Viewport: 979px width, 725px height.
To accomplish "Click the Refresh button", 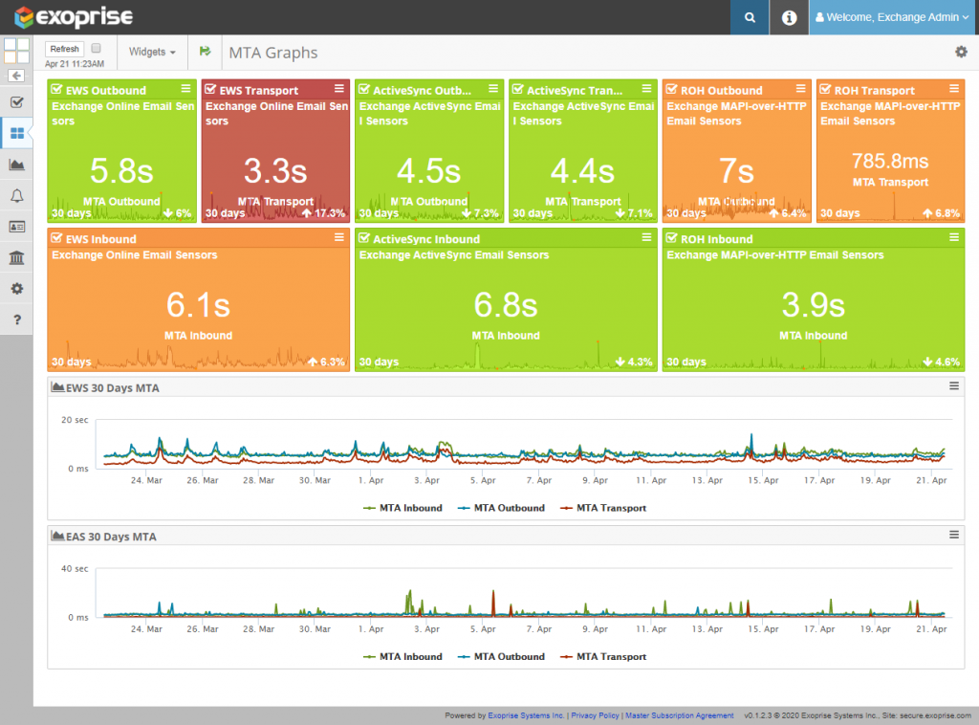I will (x=65, y=49).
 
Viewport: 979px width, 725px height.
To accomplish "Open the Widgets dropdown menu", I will (x=152, y=53).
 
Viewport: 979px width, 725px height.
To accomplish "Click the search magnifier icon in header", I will (x=751, y=17).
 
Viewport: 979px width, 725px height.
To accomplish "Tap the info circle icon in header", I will (x=789, y=17).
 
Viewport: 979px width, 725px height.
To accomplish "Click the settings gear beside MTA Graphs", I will (x=961, y=53).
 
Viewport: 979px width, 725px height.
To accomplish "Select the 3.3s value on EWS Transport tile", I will (x=275, y=170).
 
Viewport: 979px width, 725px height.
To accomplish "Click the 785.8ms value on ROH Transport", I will (x=890, y=160).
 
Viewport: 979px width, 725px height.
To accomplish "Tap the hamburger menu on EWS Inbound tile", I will (x=338, y=238).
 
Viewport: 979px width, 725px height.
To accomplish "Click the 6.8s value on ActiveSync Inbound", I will (x=505, y=304).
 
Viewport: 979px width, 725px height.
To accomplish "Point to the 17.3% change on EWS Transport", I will (x=322, y=213).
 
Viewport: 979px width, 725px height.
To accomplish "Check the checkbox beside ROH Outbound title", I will (x=671, y=91).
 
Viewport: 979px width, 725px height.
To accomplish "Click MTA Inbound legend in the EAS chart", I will (x=409, y=656).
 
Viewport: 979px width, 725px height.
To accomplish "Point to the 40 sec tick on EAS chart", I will (x=75, y=568).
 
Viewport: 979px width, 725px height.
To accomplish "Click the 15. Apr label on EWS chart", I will (x=761, y=481).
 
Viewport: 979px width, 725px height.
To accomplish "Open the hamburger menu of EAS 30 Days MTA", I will (x=953, y=535).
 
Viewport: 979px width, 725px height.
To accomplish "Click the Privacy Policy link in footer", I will (x=595, y=715).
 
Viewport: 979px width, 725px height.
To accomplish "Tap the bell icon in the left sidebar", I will (x=16, y=196).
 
